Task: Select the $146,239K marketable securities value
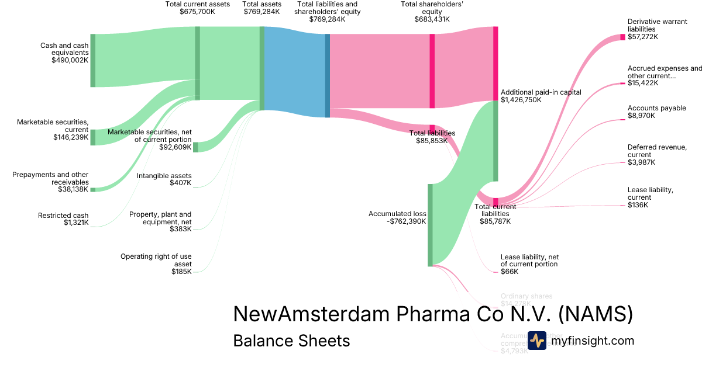[71, 137]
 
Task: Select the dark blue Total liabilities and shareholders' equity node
[328, 75]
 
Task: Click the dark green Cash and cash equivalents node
[92, 60]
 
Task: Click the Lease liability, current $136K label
[650, 197]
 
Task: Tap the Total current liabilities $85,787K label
[495, 214]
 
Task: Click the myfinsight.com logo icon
[536, 341]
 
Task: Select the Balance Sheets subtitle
[291, 341]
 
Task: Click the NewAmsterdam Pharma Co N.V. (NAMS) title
[433, 314]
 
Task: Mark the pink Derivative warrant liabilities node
[622, 37]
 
